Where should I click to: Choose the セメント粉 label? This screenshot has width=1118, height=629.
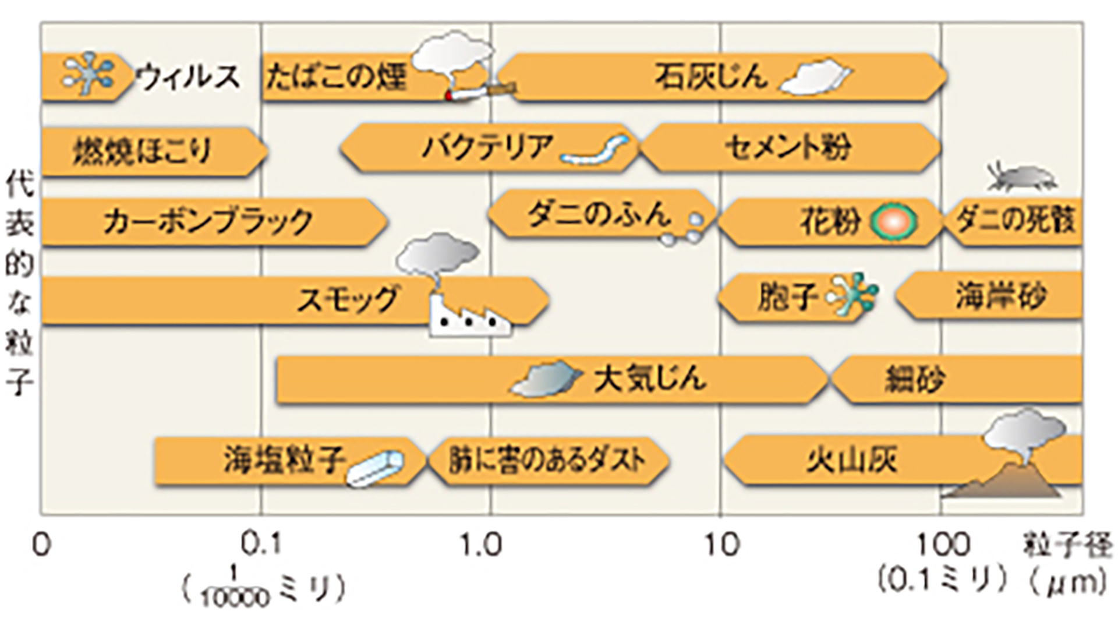point(788,147)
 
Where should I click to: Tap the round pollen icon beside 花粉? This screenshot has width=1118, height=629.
point(893,222)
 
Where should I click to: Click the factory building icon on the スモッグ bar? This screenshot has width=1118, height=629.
point(469,319)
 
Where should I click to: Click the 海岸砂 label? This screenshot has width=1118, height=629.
point(1000,296)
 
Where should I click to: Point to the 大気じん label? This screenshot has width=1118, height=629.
point(650,379)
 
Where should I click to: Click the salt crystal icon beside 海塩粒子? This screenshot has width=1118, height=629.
point(375,468)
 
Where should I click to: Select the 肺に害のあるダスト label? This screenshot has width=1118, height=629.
point(547,460)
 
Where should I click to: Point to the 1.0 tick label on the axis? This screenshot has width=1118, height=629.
point(480,545)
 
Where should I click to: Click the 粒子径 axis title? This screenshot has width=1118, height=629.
point(1068,546)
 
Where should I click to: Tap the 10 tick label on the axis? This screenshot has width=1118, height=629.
point(722,545)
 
